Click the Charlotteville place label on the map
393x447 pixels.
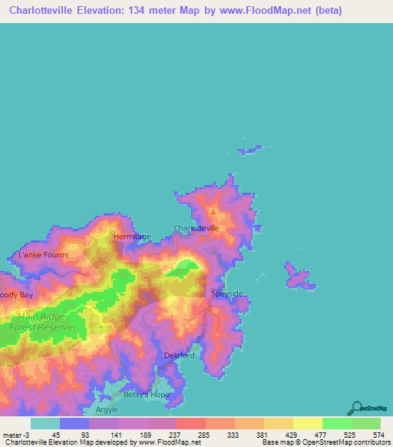coord(197,228)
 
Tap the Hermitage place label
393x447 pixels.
coord(132,237)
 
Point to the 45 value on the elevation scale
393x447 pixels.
coord(56,435)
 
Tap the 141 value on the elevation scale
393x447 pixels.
coord(115,435)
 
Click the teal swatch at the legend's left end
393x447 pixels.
coord(45,423)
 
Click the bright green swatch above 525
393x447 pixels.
coord(336,423)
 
